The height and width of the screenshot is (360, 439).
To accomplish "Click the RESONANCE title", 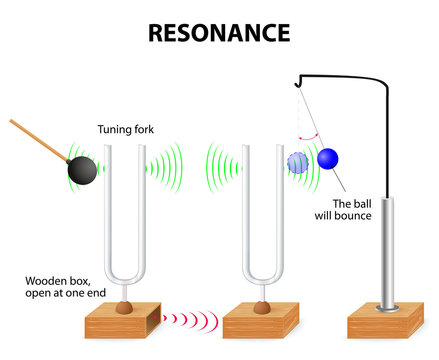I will coord(219,33).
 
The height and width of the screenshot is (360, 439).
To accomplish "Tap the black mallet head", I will coord(83,170).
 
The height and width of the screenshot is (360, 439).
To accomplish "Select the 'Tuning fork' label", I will coord(124,129).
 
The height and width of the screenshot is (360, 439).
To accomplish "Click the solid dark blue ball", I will coord(328,159).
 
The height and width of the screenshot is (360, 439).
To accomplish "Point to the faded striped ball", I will coord(299,163).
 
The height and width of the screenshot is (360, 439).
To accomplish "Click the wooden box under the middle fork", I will coord(257,322).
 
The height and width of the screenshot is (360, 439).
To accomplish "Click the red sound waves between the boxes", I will coord(191,319).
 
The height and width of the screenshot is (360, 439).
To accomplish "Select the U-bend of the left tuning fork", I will coord(124,273).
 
